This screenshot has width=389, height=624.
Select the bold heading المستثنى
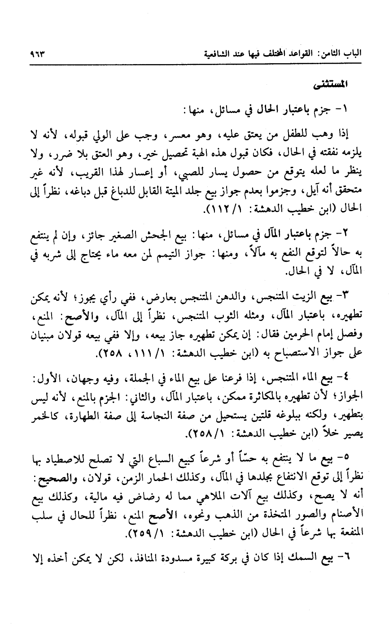coord(341,85)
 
